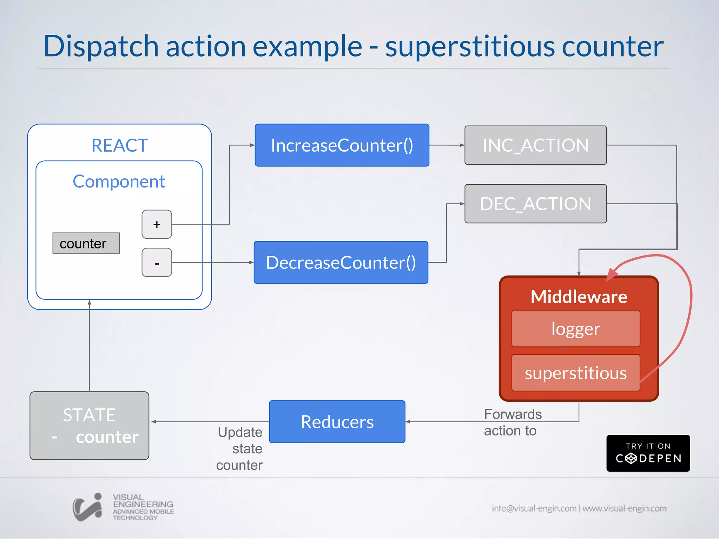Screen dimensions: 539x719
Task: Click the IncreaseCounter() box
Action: pyautogui.click(x=342, y=145)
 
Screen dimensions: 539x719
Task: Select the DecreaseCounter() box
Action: pyautogui.click(x=341, y=262)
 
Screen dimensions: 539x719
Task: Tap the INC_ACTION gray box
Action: pyautogui.click(x=535, y=145)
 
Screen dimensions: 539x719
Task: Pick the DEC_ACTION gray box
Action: pyautogui.click(x=535, y=204)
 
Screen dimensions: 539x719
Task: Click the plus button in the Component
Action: pyautogui.click(x=157, y=224)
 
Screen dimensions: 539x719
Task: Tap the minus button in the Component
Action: pyautogui.click(x=157, y=262)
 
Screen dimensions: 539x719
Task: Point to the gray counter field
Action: pyautogui.click(x=86, y=243)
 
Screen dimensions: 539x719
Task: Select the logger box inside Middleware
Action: pyautogui.click(x=575, y=328)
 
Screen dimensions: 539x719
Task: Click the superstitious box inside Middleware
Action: pyautogui.click(x=575, y=373)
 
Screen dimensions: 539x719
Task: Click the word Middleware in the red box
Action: pyautogui.click(x=579, y=297)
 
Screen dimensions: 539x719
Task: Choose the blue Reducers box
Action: pyautogui.click(x=337, y=421)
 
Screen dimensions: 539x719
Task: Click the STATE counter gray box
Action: pyautogui.click(x=89, y=425)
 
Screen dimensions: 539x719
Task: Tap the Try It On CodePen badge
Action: pyautogui.click(x=648, y=453)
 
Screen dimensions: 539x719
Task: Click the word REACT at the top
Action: pyautogui.click(x=119, y=145)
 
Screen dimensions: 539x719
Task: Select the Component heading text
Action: pyautogui.click(x=119, y=181)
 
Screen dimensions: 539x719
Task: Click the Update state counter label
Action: pyautogui.click(x=240, y=448)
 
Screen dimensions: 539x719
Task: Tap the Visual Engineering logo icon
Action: pyautogui.click(x=87, y=507)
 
